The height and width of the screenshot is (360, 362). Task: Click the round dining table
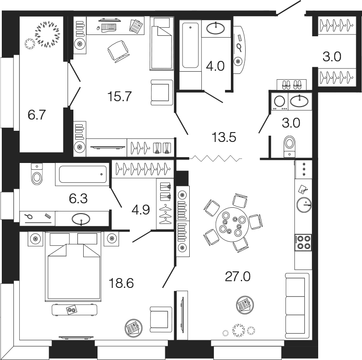pos(231,223)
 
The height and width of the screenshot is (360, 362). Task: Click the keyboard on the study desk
pos(108,27)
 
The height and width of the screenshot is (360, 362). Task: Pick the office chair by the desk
pos(119,49)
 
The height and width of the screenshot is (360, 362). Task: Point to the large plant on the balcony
pos(47,34)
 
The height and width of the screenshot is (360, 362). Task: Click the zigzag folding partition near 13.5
pos(215,158)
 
